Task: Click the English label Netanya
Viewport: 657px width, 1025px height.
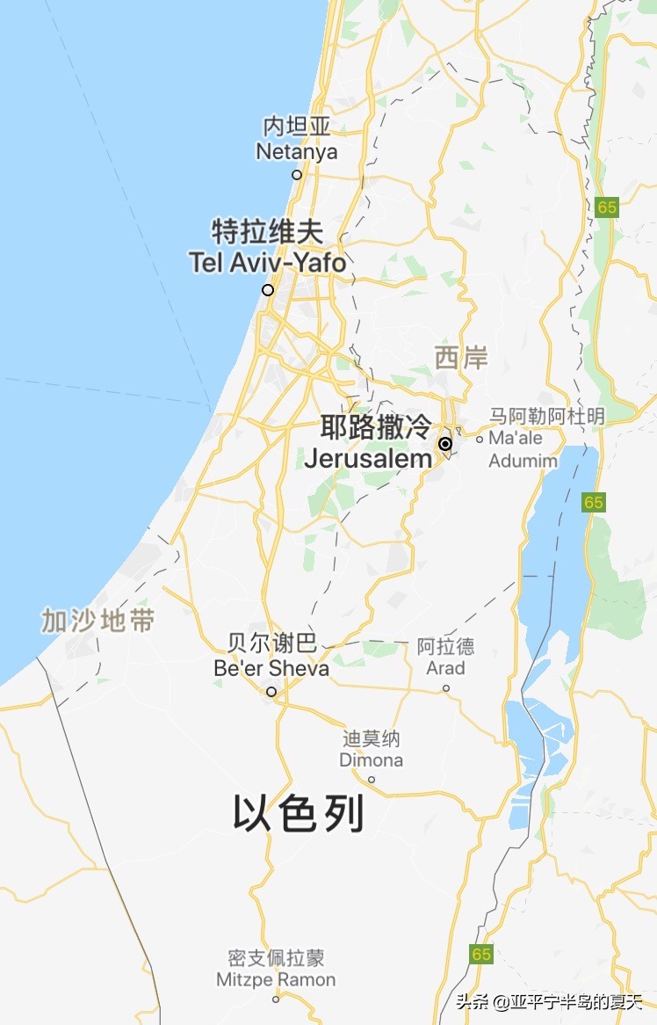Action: click(296, 152)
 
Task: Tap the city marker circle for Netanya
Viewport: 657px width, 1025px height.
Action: click(297, 174)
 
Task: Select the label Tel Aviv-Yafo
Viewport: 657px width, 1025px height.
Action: click(267, 262)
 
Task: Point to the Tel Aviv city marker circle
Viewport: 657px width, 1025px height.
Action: click(268, 290)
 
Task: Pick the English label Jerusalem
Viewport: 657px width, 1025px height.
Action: click(368, 458)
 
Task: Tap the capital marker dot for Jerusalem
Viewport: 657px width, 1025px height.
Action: click(445, 444)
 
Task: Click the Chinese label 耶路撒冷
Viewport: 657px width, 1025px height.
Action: click(376, 428)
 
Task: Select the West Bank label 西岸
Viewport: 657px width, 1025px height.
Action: click(461, 358)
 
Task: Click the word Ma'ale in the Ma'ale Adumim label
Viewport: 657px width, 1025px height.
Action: click(516, 438)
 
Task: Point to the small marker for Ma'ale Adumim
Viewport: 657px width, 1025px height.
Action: click(480, 439)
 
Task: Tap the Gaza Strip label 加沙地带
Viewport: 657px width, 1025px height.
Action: click(97, 622)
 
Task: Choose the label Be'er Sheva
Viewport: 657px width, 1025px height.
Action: click(271, 669)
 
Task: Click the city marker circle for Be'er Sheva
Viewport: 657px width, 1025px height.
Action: click(271, 692)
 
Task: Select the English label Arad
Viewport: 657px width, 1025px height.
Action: click(445, 668)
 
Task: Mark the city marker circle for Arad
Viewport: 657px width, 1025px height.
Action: click(445, 688)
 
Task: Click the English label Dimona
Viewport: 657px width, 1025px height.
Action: click(372, 760)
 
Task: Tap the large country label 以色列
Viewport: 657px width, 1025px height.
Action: click(298, 814)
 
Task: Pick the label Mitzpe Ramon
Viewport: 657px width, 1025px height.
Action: click(276, 979)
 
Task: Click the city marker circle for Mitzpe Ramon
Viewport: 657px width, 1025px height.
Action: click(276, 1000)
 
